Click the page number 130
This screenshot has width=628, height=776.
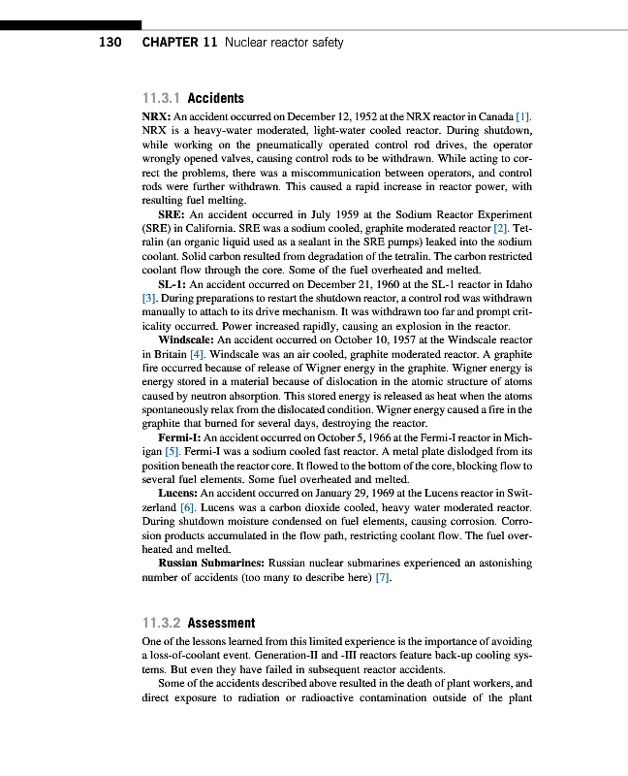(110, 43)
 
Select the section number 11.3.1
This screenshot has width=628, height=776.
(161, 98)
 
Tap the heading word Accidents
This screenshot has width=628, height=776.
(215, 98)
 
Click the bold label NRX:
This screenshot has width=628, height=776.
(156, 116)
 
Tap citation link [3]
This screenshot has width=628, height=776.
(149, 299)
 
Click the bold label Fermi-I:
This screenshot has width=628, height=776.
(179, 438)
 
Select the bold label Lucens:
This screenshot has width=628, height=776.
(178, 495)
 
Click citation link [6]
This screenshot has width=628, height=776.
(188, 508)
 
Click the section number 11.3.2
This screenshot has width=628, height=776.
(161, 624)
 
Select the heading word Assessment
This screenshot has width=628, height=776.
(222, 624)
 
